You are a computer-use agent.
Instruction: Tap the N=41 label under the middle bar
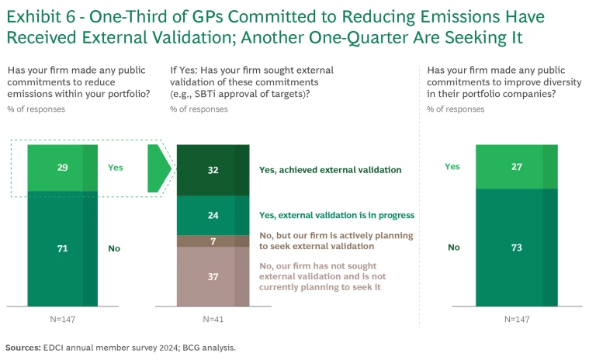[213, 320]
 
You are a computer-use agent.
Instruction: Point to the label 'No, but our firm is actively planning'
[336, 235]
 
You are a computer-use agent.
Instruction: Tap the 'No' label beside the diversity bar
[453, 247]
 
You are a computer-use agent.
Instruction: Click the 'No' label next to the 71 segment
[114, 248]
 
